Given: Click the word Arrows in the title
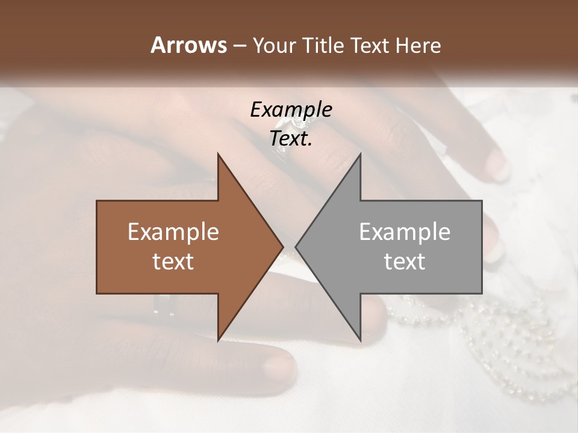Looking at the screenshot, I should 188,45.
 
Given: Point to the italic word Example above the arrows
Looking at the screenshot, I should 291,109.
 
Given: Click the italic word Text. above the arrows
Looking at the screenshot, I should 291,139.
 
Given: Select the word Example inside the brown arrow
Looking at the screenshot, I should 173,232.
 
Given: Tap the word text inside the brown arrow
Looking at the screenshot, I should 173,261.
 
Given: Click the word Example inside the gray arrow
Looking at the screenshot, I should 405,232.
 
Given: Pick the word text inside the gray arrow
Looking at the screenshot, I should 405,261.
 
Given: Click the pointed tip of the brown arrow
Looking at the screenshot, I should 282,247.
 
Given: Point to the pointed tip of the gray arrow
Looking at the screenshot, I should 296,247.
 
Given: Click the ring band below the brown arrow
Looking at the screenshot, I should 164,306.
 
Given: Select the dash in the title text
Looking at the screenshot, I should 238,46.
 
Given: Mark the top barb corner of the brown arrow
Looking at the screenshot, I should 218,154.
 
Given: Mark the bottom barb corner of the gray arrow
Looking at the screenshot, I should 360,340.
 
